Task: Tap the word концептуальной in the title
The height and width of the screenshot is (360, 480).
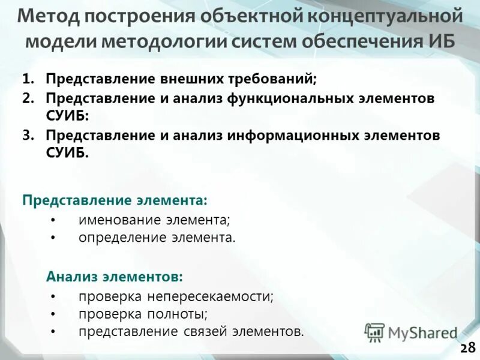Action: pos(386,16)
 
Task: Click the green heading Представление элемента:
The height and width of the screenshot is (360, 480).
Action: pos(115,199)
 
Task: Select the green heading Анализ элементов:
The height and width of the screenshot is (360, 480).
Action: pos(115,277)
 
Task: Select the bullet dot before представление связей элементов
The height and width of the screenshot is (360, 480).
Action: pos(53,332)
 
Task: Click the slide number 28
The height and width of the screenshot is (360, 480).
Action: pos(467,347)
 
